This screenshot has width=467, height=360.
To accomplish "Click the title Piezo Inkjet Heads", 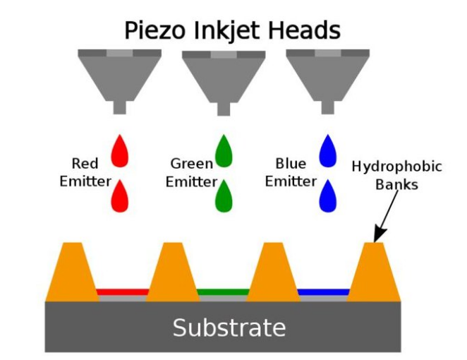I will (x=232, y=30).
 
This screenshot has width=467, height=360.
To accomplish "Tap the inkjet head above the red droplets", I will (x=119, y=74).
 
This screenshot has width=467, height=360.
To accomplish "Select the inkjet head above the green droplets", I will (x=223, y=74).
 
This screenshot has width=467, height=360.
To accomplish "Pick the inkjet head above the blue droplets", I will (x=327, y=74).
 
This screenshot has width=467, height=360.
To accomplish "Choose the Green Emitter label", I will (x=190, y=173).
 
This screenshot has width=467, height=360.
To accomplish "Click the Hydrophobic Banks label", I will (x=396, y=176).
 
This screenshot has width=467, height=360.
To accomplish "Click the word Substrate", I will (x=229, y=328).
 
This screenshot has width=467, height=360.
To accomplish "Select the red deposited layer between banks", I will (x=121, y=292).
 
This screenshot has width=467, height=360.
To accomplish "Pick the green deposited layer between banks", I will (x=223, y=292).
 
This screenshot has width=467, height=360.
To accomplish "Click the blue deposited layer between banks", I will (x=324, y=292).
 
